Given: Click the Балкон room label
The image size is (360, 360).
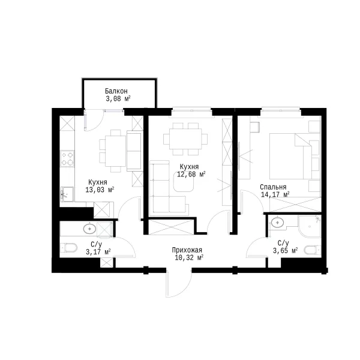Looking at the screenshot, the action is click(116, 91).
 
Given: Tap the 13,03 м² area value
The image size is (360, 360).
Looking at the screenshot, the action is click(100, 190).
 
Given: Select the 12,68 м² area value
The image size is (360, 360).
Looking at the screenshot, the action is click(191, 174).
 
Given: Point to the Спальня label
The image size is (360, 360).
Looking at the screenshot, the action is click(273, 187).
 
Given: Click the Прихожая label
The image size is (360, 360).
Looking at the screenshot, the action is click(187, 250).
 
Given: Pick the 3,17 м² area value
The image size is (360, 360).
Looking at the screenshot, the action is click(98, 252).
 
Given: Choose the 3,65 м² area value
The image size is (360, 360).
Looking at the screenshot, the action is click(285, 250).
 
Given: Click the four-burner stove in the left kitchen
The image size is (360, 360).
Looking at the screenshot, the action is click(67, 158).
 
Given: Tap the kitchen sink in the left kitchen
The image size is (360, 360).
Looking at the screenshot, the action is click(67, 194).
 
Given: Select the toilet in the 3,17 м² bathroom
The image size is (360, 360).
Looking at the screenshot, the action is click(69, 247).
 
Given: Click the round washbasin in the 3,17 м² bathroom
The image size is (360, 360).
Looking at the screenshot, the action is click(89, 229).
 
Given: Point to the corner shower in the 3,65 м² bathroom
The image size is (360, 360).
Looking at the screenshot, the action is click(309, 226).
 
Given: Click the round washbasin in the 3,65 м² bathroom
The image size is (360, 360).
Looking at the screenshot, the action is click(277, 222).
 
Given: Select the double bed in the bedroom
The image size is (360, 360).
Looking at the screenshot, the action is click(295, 156).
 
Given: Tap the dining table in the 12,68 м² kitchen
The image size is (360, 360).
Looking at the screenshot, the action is click(185, 139).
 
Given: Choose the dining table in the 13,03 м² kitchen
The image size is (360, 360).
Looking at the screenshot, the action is click(115, 151).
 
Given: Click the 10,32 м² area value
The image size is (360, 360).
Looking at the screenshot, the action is click(189, 257).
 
